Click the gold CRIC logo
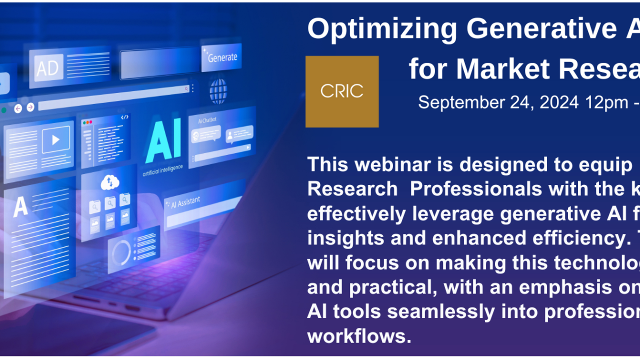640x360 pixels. click(x=342, y=91)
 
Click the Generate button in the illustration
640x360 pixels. click(x=221, y=57)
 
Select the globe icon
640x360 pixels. click(x=218, y=91)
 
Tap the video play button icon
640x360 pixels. click(x=55, y=140)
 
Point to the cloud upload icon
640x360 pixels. click(x=109, y=183)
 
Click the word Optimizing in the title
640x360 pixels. click(x=382, y=29)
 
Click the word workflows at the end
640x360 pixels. click(x=359, y=336)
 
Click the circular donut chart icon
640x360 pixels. click(x=121, y=252)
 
